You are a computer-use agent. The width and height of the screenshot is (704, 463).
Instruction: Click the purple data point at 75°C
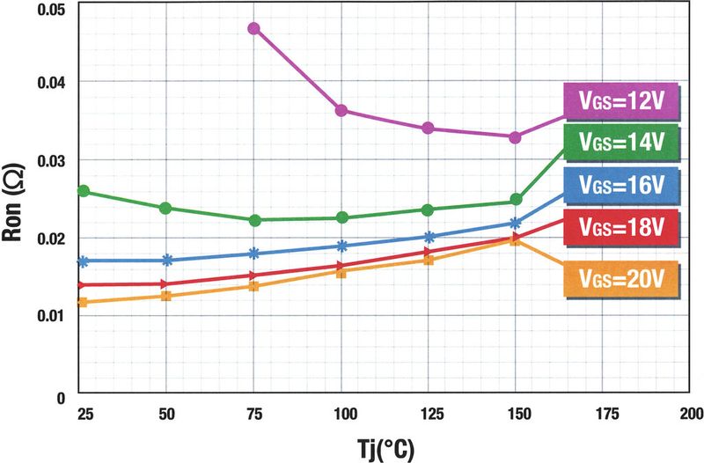254,28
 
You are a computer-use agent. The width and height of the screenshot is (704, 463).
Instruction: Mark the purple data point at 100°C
341,110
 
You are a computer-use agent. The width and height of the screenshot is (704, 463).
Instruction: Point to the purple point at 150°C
516,137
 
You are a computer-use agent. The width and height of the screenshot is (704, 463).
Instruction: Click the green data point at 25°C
84,191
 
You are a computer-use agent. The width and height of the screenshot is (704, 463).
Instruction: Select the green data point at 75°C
254,220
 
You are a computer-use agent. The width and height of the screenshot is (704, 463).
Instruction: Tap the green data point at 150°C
517,201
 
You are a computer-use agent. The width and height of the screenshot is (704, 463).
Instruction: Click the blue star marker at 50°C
167,261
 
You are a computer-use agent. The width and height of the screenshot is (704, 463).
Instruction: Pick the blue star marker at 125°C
429,237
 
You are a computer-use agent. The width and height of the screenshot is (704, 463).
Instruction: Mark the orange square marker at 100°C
341,272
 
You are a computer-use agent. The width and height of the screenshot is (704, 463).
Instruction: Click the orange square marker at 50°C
167,296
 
